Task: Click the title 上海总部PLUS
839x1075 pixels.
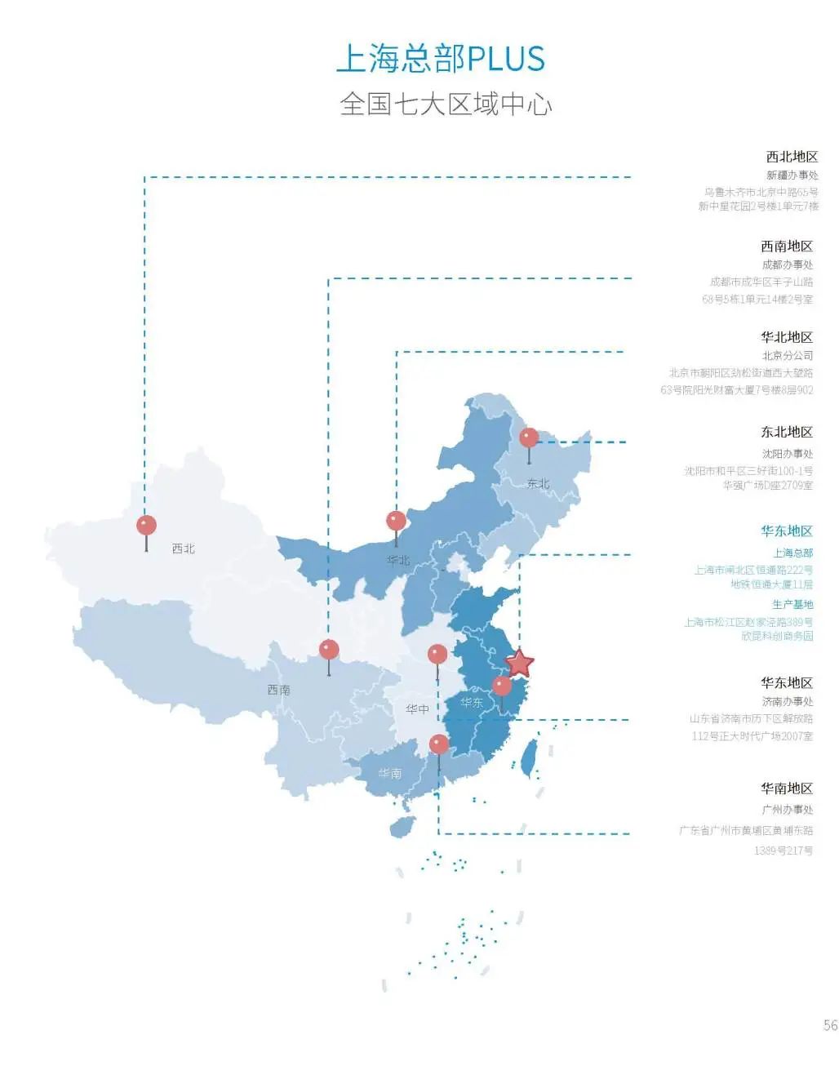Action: (440, 59)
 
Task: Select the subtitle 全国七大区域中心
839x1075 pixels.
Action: (446, 104)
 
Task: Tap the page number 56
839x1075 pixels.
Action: (830, 1025)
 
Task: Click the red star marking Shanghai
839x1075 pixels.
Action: (519, 664)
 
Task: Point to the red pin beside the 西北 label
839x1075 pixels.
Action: (146, 525)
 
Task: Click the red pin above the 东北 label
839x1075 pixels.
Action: (529, 438)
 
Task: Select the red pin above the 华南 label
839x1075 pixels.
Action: (439, 744)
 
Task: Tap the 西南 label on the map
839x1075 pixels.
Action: (279, 690)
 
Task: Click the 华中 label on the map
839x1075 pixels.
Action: (417, 709)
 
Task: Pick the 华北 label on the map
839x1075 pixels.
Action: (398, 560)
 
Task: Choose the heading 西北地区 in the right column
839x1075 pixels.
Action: (791, 157)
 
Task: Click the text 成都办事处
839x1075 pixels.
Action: (787, 264)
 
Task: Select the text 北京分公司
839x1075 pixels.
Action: (787, 356)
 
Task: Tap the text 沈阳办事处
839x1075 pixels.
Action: (787, 454)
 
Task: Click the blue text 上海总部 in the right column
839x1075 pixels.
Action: (792, 553)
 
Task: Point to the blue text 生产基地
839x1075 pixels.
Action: (792, 604)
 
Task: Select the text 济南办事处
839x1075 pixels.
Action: (787, 701)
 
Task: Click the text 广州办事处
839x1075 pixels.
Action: (787, 810)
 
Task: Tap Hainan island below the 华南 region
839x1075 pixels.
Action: (402, 827)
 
